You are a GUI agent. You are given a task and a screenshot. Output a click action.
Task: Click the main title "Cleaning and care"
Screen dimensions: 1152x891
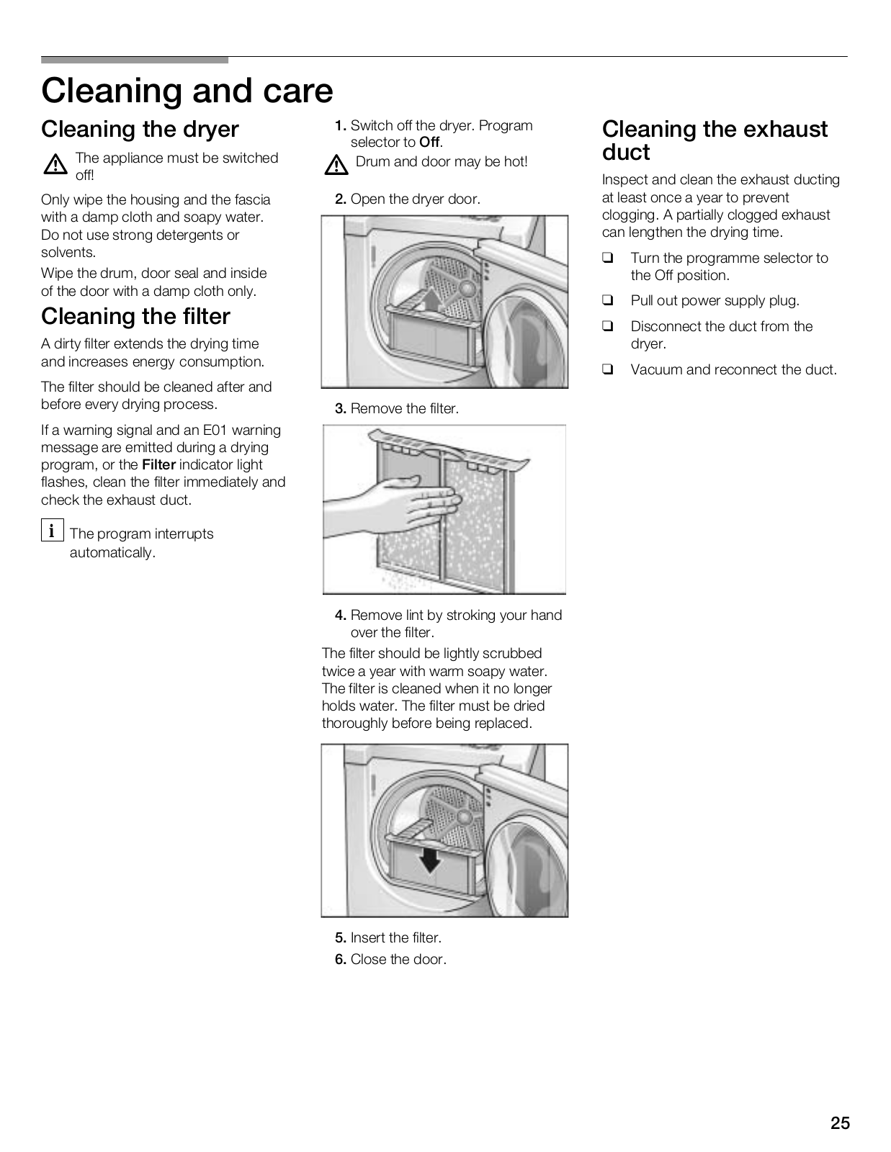pyautogui.click(x=187, y=91)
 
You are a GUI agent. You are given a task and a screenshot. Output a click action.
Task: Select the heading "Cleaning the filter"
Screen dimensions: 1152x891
pyautogui.click(x=135, y=317)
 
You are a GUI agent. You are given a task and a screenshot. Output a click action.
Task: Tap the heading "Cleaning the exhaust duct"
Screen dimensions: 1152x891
pyautogui.click(x=715, y=140)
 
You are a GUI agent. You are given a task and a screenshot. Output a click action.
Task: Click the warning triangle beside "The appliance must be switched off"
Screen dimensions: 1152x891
pyautogui.click(x=55, y=166)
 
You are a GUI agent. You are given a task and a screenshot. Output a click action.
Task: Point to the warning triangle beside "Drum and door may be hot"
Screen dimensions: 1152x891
pyautogui.click(x=336, y=166)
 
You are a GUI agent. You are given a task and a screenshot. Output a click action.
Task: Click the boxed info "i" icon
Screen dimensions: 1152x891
pyautogui.click(x=52, y=531)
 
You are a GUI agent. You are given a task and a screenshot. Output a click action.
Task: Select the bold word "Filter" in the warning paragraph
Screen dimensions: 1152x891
pyautogui.click(x=158, y=465)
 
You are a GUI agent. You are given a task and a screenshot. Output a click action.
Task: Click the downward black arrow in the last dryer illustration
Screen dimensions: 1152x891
pyautogui.click(x=430, y=859)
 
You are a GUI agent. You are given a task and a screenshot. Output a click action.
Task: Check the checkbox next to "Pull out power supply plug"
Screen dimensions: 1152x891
pyautogui.click(x=608, y=301)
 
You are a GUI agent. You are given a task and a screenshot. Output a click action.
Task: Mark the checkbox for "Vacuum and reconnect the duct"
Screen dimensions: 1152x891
pyautogui.click(x=608, y=370)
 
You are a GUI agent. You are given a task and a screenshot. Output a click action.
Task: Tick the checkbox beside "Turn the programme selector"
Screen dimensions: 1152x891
pyautogui.click(x=608, y=258)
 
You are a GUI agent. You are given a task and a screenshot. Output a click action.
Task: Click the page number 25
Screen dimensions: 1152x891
pyautogui.click(x=840, y=1123)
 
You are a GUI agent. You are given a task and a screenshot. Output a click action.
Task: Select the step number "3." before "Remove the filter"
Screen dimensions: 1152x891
pyautogui.click(x=341, y=409)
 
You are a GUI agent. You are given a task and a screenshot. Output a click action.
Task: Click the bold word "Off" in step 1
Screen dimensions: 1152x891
pyautogui.click(x=429, y=143)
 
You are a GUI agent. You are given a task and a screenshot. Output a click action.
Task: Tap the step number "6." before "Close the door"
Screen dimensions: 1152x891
pyautogui.click(x=341, y=960)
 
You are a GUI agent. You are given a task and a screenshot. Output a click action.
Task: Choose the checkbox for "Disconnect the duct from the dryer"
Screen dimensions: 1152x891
pyautogui.click(x=608, y=327)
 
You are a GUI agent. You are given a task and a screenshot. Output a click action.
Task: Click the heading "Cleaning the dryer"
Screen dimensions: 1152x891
pyautogui.click(x=140, y=130)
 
